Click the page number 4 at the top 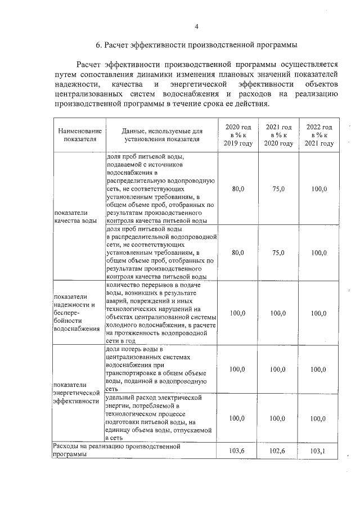pos(196,26)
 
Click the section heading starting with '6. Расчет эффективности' pos(196,44)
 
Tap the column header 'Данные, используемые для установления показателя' pos(162,135)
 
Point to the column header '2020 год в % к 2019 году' pos(238,135)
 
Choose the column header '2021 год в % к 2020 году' pos(278,135)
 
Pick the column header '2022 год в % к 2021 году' pos(319,135)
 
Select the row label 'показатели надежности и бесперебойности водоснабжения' pos(76,313)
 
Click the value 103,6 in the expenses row pos(238,451)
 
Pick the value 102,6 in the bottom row pos(278,451)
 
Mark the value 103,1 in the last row pos(319,451)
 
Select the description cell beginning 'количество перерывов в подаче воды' pos(161,313)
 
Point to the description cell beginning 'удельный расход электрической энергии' pos(161,417)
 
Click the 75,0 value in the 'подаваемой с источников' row pos(278,189)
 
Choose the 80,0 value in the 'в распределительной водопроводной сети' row pos(238,253)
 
